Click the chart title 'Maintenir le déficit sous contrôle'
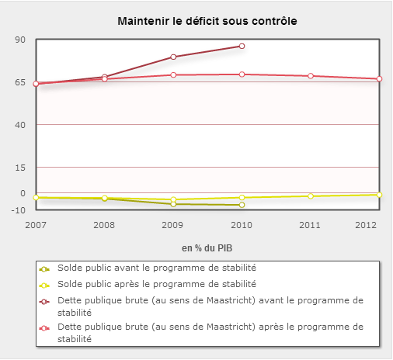click(207, 21)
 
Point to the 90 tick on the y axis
click(20, 40)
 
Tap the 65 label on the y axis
click(20, 82)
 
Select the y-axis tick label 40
click(20, 125)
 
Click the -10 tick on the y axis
click(19, 210)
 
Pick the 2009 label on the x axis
click(172, 225)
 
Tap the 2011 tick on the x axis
click(310, 225)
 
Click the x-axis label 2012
click(366, 225)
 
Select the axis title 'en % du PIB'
click(207, 248)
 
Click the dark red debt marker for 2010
click(242, 46)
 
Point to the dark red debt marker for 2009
click(173, 57)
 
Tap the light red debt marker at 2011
click(311, 76)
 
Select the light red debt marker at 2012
click(379, 79)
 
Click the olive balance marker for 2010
click(242, 205)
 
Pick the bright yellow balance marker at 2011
click(311, 196)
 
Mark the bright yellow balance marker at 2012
click(379, 195)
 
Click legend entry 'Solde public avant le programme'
click(157, 268)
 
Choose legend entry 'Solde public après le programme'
click(157, 284)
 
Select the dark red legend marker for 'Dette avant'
click(44, 302)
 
